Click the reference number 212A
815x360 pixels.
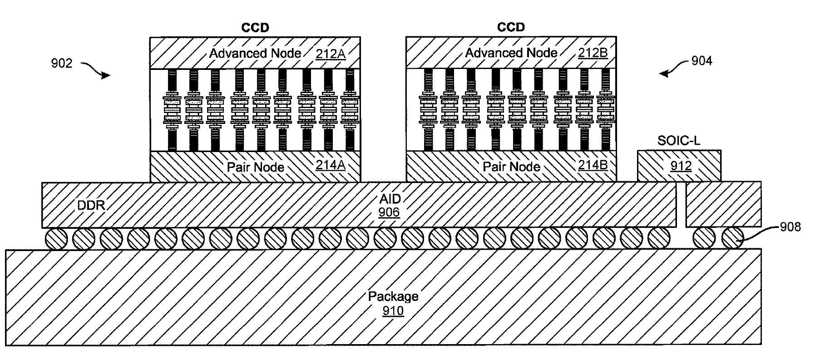click(x=331, y=54)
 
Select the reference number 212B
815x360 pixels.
click(x=593, y=53)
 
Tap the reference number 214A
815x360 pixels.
click(x=331, y=165)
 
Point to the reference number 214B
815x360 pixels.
click(x=593, y=165)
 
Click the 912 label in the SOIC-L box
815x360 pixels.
click(x=681, y=166)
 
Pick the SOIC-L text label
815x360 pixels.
click(x=679, y=141)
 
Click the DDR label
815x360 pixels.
click(x=91, y=206)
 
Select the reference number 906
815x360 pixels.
click(x=389, y=212)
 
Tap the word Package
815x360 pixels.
click(x=393, y=296)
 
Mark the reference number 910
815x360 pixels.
click(x=393, y=311)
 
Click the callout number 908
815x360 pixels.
click(x=790, y=227)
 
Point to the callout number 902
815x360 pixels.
click(x=61, y=63)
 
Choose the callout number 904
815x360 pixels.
click(x=701, y=60)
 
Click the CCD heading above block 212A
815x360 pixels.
click(x=255, y=28)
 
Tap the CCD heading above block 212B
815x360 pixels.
click(x=511, y=27)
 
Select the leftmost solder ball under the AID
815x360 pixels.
click(x=56, y=238)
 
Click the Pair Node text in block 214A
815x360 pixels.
click(x=256, y=167)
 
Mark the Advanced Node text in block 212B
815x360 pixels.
click(x=511, y=53)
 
